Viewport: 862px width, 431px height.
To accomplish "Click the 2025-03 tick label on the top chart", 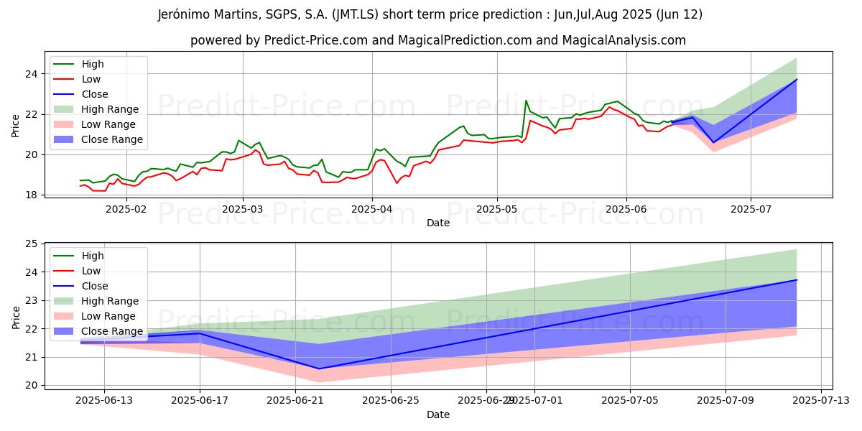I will (x=242, y=208).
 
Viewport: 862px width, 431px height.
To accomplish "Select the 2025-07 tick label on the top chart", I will (x=751, y=208).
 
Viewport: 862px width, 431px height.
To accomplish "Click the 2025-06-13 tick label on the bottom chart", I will (x=104, y=399).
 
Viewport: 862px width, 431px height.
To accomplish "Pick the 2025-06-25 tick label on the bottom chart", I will (x=390, y=399).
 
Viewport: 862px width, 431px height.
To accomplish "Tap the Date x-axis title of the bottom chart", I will (x=438, y=414).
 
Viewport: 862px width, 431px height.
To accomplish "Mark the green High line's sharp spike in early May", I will (x=526, y=101).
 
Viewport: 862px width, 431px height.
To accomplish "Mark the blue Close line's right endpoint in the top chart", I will (x=797, y=79).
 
